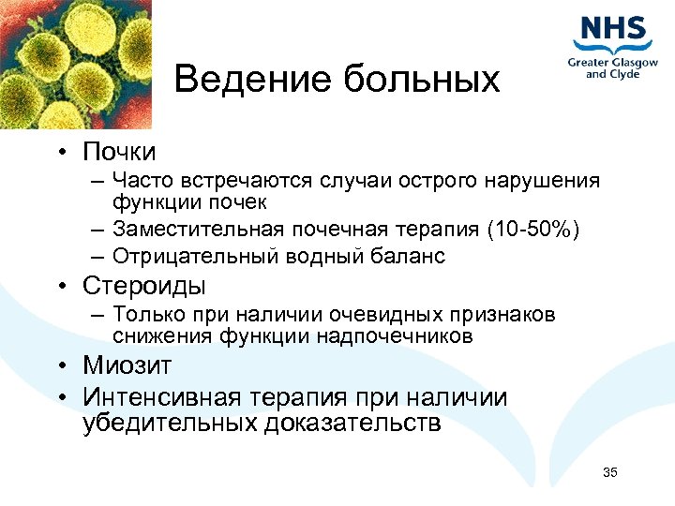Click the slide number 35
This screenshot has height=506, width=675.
(610, 471)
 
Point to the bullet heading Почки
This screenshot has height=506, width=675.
(118, 151)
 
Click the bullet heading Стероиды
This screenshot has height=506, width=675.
(143, 285)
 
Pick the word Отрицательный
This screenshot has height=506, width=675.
(183, 256)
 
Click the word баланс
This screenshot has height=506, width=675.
(404, 256)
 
